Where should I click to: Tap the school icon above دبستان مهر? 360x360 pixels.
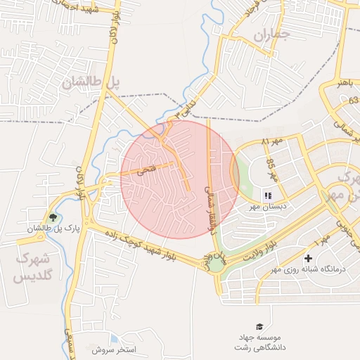point(267,195)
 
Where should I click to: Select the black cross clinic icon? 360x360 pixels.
point(308,258)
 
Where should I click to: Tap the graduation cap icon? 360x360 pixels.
point(260,326)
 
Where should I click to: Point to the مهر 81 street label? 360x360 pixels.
point(271,143)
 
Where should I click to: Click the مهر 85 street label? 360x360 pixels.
point(271,169)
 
